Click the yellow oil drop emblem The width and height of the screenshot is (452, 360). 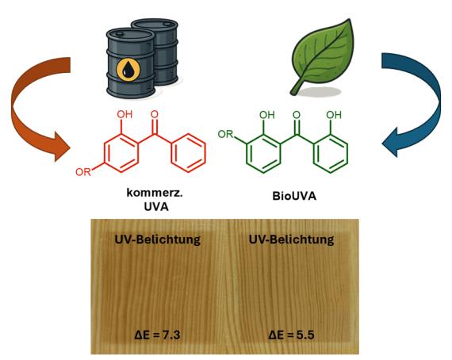tap(128, 70)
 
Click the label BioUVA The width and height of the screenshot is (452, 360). tap(294, 196)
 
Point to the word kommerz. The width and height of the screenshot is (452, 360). tap(155, 193)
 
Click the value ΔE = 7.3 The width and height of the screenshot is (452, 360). tap(157, 335)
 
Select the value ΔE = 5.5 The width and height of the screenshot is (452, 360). tap(292, 335)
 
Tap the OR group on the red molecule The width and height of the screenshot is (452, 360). tap(83, 172)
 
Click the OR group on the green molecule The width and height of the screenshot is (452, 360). tap(225, 134)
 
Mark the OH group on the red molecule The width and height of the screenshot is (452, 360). tap(124, 114)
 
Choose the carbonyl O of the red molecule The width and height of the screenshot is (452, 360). tap(155, 114)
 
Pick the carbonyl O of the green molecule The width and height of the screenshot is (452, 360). tap(297, 115)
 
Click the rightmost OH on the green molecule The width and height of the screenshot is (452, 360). tap(334, 115)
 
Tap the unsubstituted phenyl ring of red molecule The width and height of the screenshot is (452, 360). tap(189, 153)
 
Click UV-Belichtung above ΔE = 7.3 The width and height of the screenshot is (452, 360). tap(158, 239)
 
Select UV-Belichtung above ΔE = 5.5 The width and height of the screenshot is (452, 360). tap(292, 239)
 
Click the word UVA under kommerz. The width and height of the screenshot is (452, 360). tap(156, 207)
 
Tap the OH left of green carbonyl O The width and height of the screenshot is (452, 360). tap(267, 115)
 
